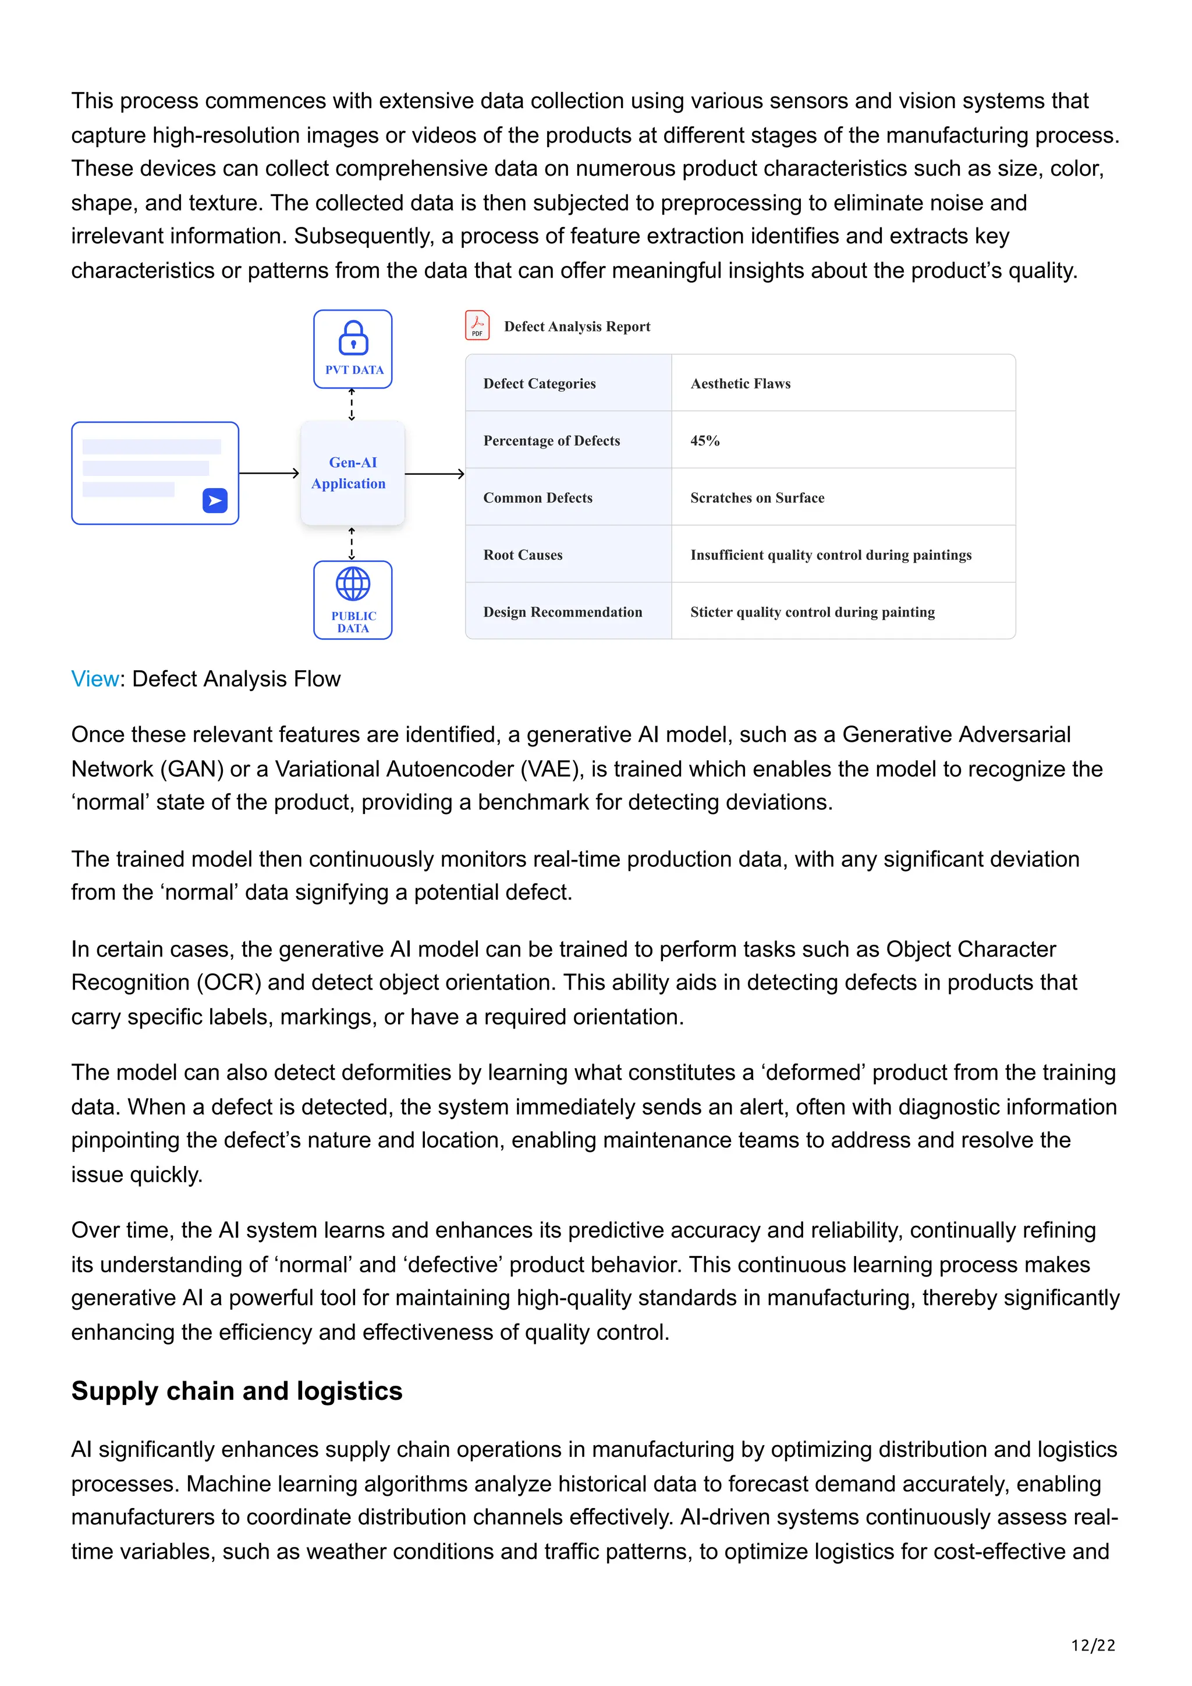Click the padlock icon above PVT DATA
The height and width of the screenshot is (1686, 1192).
(x=353, y=338)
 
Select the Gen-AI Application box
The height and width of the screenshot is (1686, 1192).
(x=353, y=473)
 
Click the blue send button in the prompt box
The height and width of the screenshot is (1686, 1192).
(x=214, y=501)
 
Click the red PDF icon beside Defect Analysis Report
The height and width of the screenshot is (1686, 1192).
(x=477, y=325)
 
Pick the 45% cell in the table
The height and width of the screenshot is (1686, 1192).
(x=704, y=440)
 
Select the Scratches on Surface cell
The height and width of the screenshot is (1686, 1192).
(x=757, y=498)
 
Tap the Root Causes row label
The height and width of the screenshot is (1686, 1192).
(x=522, y=555)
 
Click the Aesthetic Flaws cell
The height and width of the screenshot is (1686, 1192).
(x=740, y=383)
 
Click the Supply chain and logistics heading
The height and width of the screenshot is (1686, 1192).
(x=236, y=1391)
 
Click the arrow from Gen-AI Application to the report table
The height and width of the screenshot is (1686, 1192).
(x=434, y=474)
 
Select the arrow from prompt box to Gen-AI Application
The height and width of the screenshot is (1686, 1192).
(x=269, y=474)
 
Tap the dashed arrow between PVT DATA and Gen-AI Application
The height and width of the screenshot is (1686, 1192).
(x=352, y=404)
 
